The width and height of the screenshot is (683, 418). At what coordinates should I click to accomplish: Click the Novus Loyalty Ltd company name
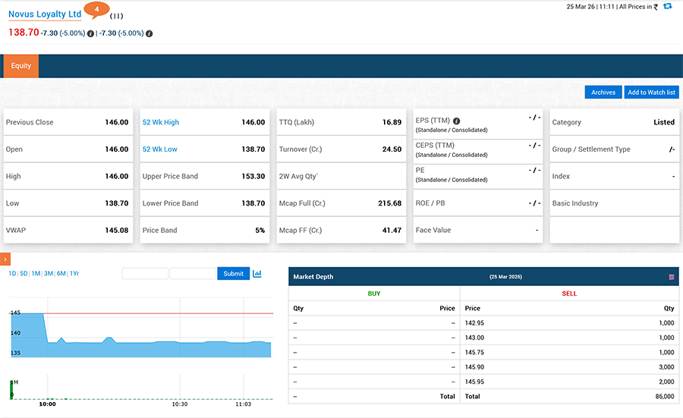point(45,14)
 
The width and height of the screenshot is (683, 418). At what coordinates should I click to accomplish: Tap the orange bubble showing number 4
point(96,9)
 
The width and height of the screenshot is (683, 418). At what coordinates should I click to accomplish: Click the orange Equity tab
point(21,66)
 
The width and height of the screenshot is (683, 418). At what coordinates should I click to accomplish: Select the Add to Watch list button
point(651,93)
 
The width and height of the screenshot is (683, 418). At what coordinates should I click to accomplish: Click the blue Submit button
point(233,274)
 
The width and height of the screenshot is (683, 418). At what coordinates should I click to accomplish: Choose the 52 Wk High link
point(161,122)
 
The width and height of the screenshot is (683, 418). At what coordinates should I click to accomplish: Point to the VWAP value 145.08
point(116,231)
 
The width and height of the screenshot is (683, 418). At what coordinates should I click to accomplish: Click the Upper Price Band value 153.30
point(253,177)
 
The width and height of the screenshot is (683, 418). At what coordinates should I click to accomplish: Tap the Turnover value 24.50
point(392,149)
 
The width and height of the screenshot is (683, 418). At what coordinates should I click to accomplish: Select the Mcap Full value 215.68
point(389,203)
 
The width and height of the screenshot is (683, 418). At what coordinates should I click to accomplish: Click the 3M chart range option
point(49,274)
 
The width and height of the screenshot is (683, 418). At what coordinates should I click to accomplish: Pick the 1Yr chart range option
point(74,274)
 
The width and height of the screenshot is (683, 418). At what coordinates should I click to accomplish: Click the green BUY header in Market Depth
point(374,294)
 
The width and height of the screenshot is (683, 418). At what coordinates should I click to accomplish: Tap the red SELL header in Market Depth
point(569,294)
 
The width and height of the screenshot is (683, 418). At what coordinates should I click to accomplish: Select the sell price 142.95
point(475,323)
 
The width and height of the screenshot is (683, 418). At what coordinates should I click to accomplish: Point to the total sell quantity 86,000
point(664,396)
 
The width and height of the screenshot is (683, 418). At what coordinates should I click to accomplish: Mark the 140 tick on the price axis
point(15,333)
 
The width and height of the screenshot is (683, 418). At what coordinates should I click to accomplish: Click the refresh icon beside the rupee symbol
point(668,7)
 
